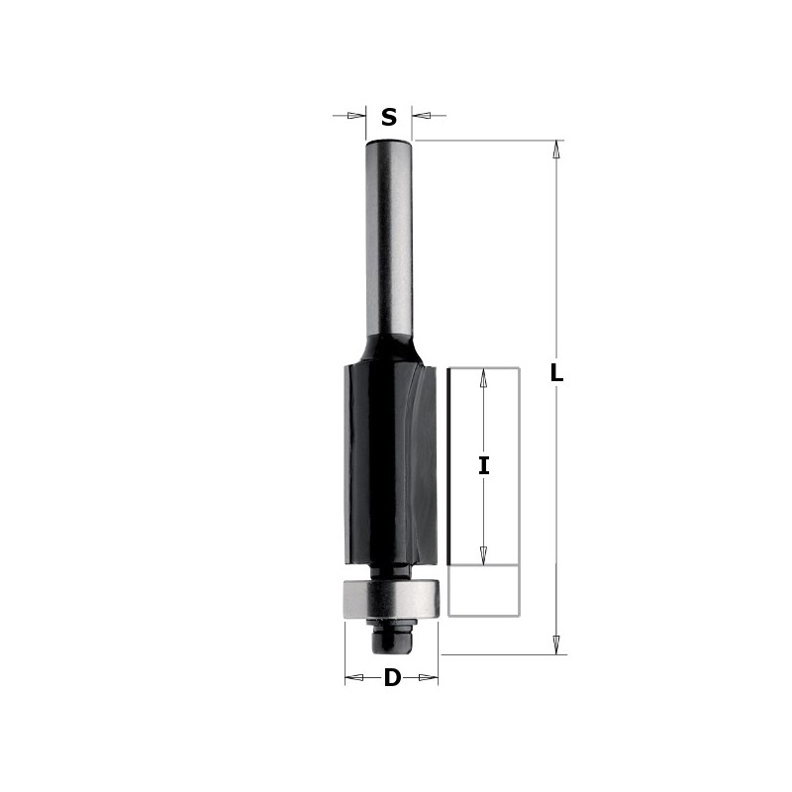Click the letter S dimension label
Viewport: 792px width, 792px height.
(389, 118)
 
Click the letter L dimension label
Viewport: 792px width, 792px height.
(556, 374)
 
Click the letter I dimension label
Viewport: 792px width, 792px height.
(484, 465)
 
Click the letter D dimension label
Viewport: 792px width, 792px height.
(392, 679)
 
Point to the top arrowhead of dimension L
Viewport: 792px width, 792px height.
(556, 149)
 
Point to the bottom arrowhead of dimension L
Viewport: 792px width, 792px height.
(556, 643)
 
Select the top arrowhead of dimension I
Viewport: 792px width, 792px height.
(484, 378)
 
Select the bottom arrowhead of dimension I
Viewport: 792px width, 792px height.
(484, 555)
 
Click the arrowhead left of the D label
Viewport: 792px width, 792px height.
(354, 678)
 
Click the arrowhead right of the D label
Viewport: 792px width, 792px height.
(428, 678)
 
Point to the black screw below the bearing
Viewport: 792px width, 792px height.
(391, 639)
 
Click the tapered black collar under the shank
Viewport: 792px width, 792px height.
(389, 348)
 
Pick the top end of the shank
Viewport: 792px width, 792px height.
(389, 144)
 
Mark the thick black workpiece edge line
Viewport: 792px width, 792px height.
(450, 465)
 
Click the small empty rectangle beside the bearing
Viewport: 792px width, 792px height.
(484, 591)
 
